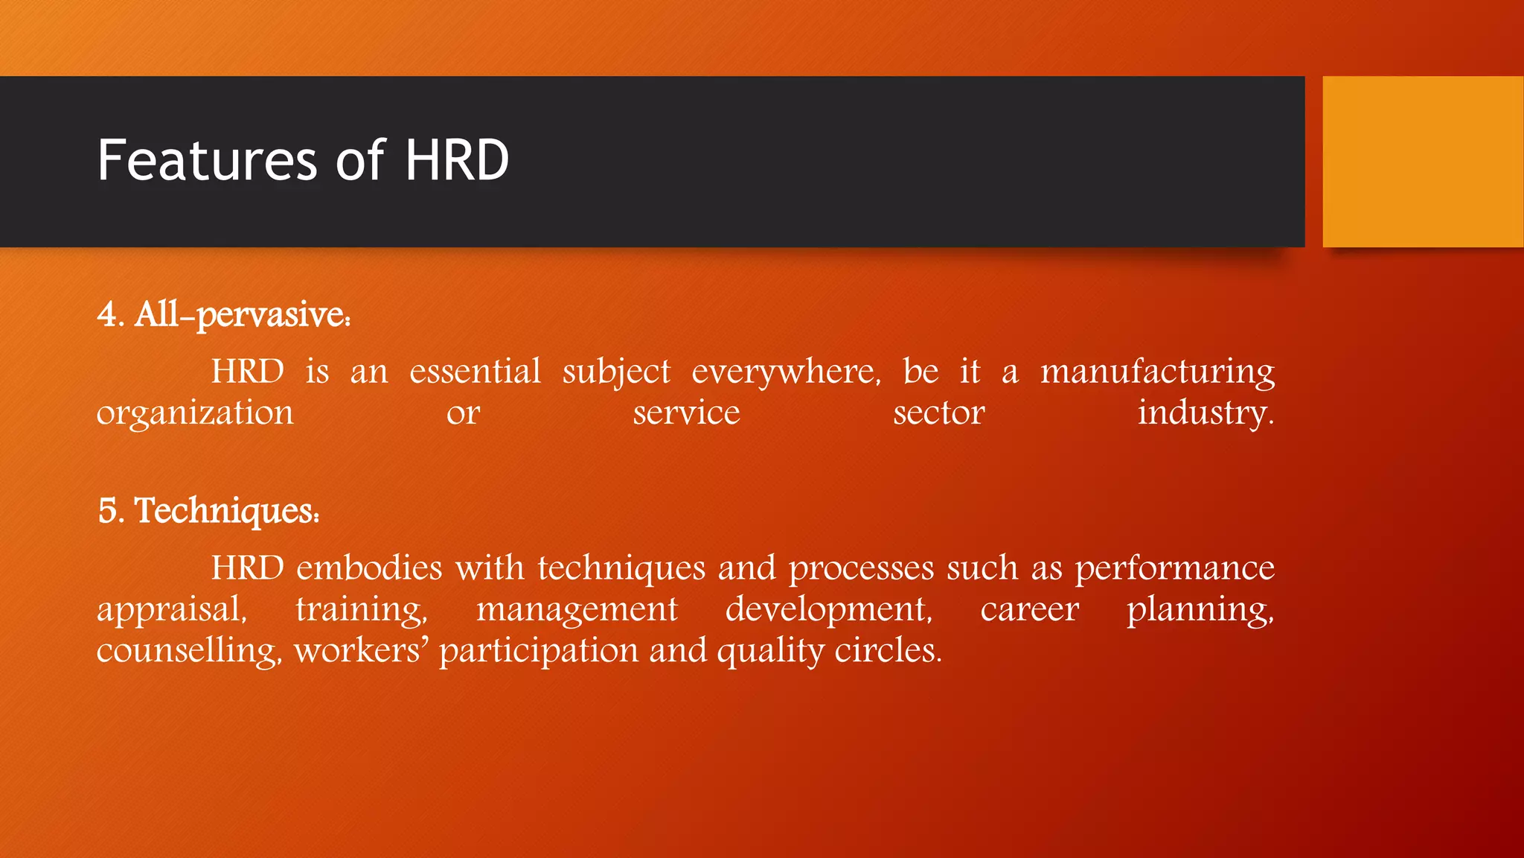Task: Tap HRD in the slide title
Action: coord(456,161)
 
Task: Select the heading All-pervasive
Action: coord(242,315)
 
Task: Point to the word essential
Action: coord(475,372)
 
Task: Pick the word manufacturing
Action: coord(1157,372)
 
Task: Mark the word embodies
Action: coord(369,568)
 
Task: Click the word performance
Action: coord(1174,568)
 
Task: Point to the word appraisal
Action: coord(170,610)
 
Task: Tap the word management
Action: coord(577,610)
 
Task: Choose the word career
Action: coord(1029,610)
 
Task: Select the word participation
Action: coord(538,651)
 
